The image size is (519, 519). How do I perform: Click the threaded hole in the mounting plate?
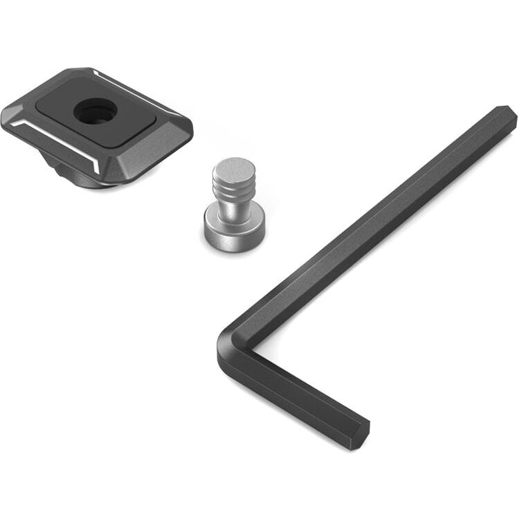click(x=90, y=111)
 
